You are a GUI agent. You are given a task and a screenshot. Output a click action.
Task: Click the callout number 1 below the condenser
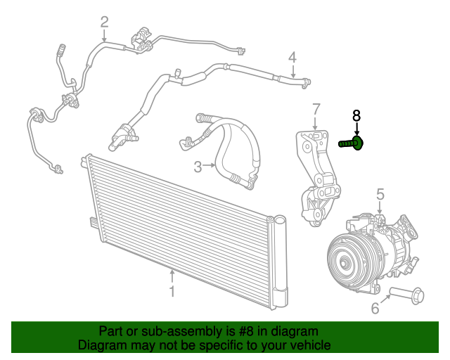pos(172,290)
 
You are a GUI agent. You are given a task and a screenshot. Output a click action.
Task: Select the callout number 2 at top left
pos(104,22)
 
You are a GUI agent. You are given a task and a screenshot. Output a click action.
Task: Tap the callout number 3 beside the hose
pos(198,167)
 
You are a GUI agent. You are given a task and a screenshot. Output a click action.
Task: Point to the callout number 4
pos(292,58)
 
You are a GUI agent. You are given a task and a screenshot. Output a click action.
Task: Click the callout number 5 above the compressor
pos(380,193)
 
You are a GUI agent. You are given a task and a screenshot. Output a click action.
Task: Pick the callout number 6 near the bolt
pos(375,308)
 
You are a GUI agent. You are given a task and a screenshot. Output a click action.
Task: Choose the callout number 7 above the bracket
pos(316,110)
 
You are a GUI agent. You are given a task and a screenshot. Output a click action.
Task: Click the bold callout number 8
pos(356,115)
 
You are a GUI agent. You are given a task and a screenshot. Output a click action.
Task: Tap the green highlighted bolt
pos(351,143)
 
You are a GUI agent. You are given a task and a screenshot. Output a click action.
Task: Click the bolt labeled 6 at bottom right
pos(407,295)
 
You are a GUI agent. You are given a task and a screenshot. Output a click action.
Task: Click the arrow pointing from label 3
pos(210,167)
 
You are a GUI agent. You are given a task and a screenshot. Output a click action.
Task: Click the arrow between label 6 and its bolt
pos(387,301)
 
